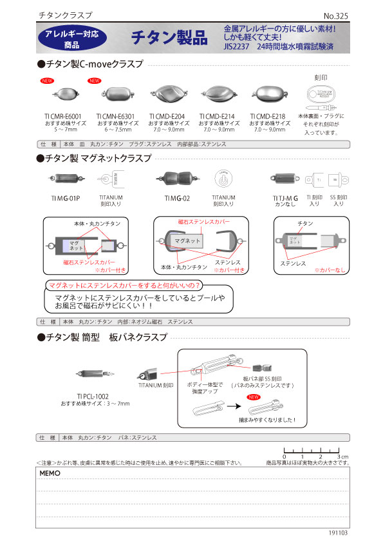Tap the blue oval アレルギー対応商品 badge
coord(71,39)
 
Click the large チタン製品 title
coord(169,38)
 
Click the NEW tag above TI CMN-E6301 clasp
coord(94,81)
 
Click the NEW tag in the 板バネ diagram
coord(253,399)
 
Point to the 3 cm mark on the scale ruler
coord(338,456)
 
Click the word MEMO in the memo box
coord(50,473)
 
